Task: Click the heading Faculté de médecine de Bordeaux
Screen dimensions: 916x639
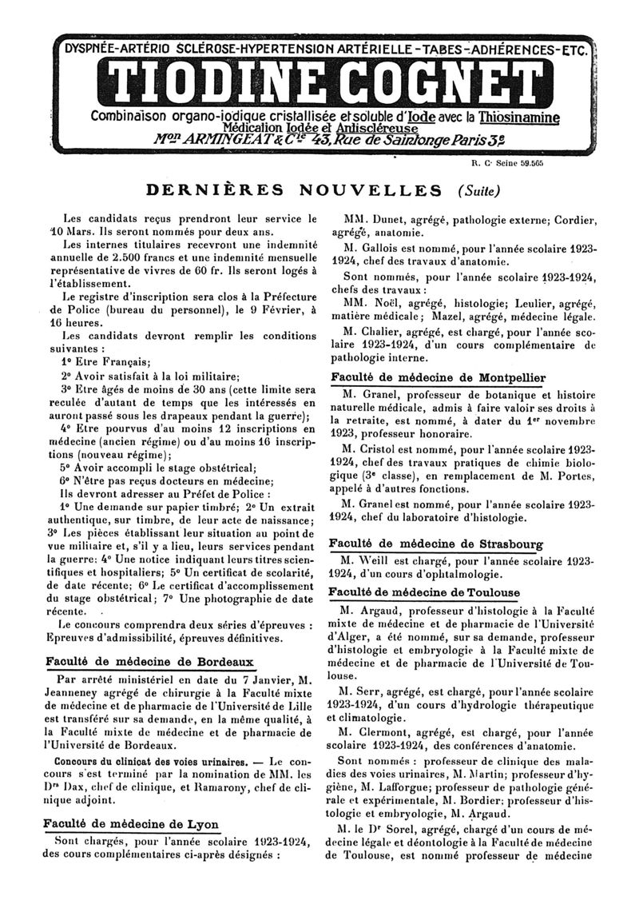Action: (149, 662)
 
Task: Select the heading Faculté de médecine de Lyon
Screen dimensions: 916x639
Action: (131, 824)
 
